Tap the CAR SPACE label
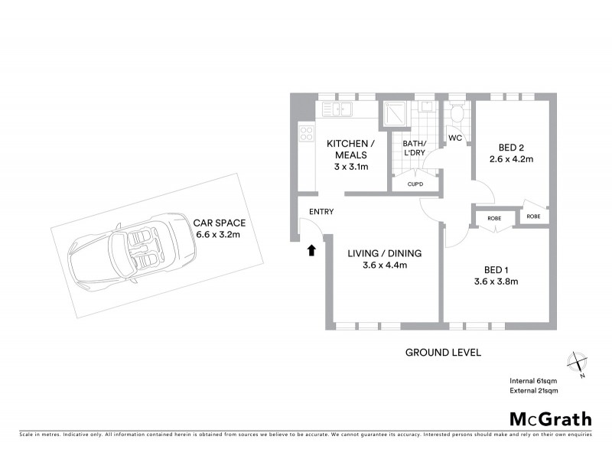[219, 223]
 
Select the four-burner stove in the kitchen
[307, 134]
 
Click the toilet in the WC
[457, 114]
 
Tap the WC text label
[455, 138]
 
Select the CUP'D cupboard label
[415, 184]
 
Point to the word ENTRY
[321, 212]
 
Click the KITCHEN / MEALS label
[350, 151]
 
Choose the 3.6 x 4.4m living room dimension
[384, 265]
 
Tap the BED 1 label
[496, 269]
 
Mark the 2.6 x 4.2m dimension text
[511, 160]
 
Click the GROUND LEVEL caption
[443, 353]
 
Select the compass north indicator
[577, 363]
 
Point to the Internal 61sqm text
[534, 381]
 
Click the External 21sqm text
[534, 391]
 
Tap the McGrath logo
[550, 418]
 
